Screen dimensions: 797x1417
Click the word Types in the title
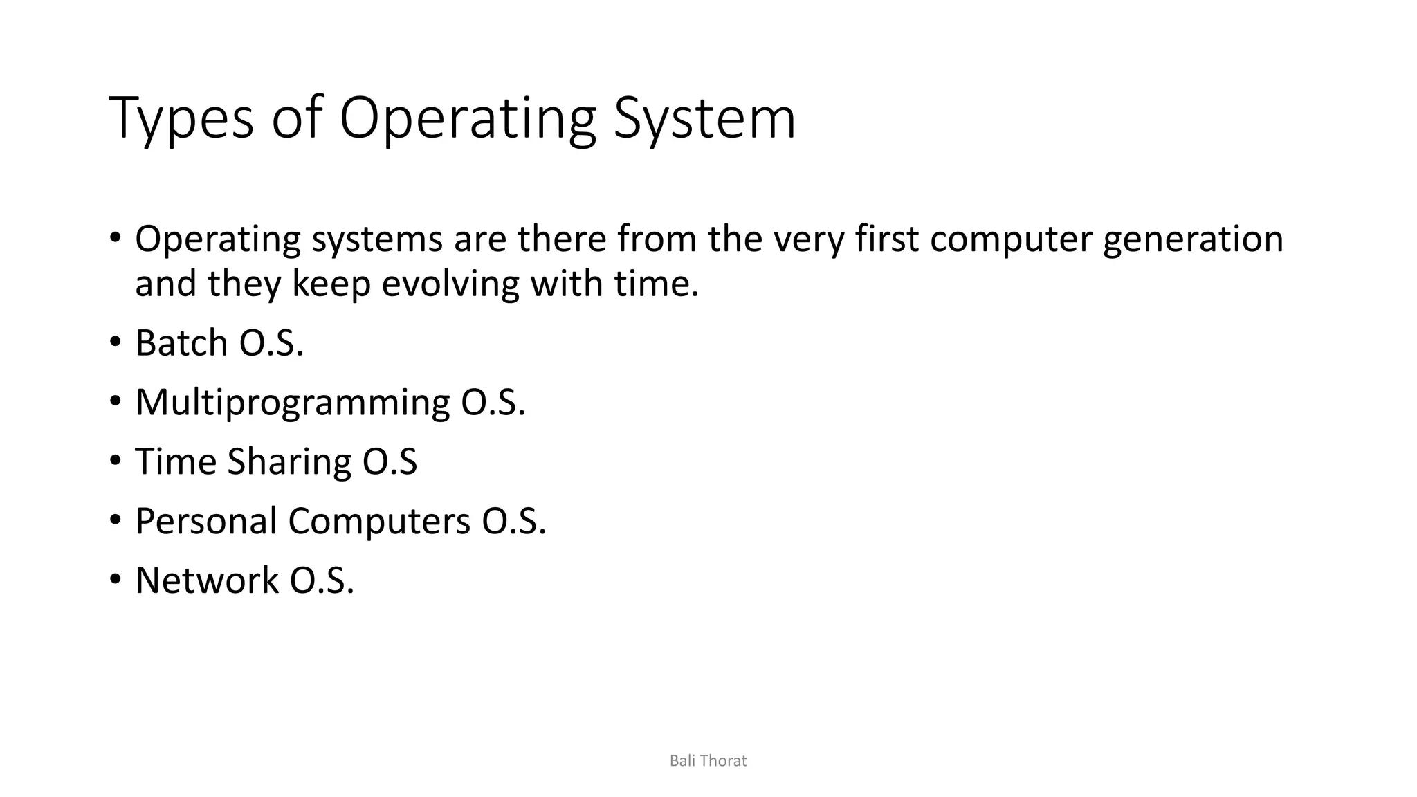pyautogui.click(x=181, y=119)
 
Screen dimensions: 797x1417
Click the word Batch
pyautogui.click(x=181, y=342)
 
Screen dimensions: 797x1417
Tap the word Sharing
pyautogui.click(x=289, y=462)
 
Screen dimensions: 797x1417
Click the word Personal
pyautogui.click(x=206, y=521)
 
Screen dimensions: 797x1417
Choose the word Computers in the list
pyautogui.click(x=379, y=521)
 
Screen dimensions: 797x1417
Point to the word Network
pyautogui.click(x=207, y=580)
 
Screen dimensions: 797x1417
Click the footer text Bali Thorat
pyautogui.click(x=708, y=761)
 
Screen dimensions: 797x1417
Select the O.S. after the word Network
pyautogui.click(x=322, y=580)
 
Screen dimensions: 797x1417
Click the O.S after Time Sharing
pyautogui.click(x=390, y=462)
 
